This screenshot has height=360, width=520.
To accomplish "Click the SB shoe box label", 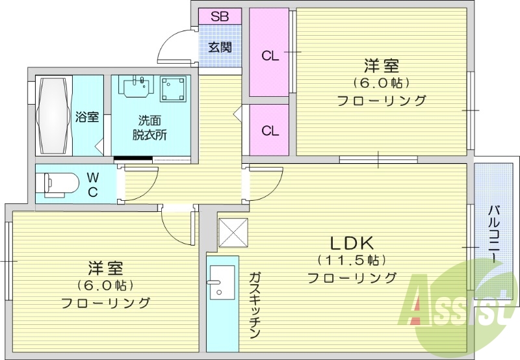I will pyautogui.click(x=219, y=16).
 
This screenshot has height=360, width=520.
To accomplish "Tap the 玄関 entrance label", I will pyautogui.click(x=220, y=47).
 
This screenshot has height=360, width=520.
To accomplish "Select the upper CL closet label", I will pyautogui.click(x=270, y=56).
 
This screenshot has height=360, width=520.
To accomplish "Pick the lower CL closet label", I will pyautogui.click(x=270, y=131).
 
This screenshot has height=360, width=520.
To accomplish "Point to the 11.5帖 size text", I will pyautogui.click(x=351, y=261).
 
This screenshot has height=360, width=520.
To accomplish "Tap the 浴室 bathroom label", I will pyautogui.click(x=87, y=118).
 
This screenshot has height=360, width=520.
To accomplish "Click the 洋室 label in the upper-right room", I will pyautogui.click(x=381, y=66).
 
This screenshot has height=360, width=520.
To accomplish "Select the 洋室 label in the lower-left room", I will pyautogui.click(x=105, y=268).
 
